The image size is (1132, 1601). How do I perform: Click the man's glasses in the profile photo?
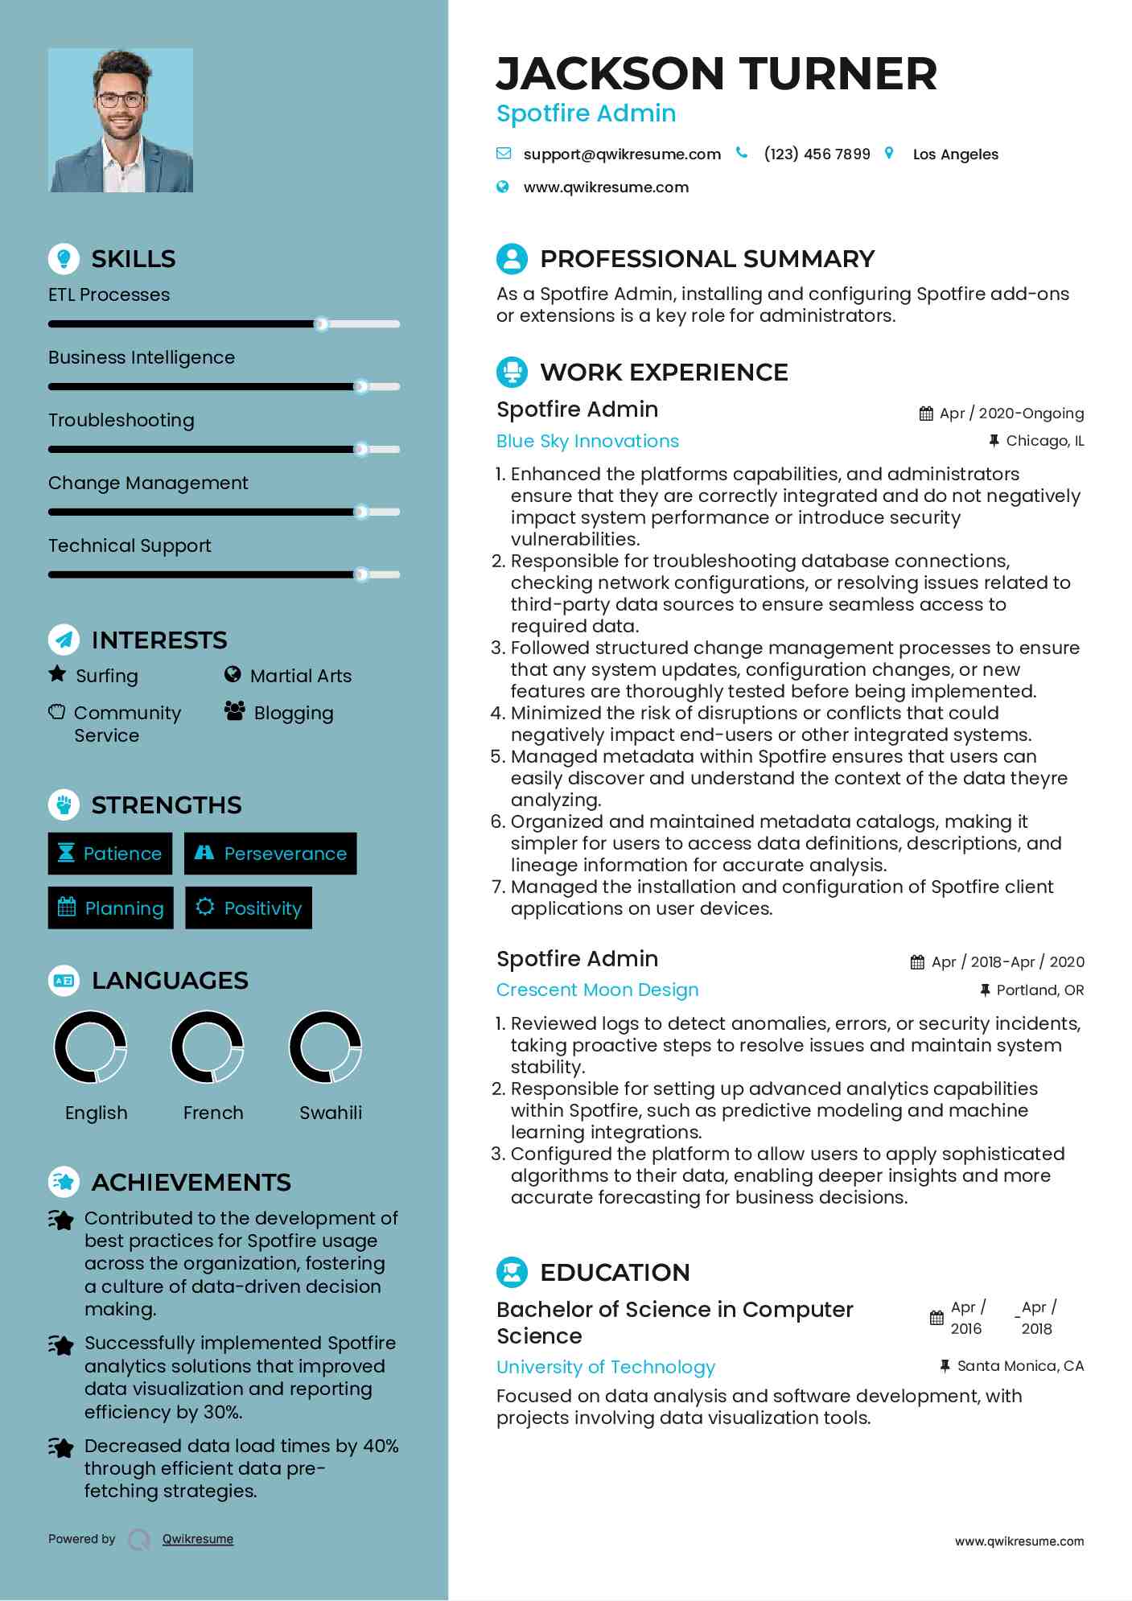click(121, 101)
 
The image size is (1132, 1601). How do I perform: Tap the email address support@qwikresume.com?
click(621, 154)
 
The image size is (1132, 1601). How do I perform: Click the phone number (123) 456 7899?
click(817, 154)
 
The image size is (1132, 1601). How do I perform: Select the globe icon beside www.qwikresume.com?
click(503, 187)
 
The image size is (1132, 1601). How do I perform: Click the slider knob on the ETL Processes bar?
click(321, 324)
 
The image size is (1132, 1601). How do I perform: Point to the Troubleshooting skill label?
click(121, 420)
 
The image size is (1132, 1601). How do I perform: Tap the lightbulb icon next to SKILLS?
click(64, 258)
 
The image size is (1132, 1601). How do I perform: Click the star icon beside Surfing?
click(57, 674)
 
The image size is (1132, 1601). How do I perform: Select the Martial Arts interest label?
click(300, 676)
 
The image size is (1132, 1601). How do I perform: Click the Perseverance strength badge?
click(270, 854)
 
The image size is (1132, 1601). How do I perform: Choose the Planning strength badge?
click(110, 908)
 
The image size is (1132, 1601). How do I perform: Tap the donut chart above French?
click(208, 1047)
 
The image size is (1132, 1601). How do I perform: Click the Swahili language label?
click(330, 1113)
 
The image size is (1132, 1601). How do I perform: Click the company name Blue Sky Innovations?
click(587, 441)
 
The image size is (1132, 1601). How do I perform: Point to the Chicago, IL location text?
click(1044, 441)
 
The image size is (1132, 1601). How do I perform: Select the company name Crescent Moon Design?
click(597, 990)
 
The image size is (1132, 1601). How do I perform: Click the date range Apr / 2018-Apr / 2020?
click(1006, 962)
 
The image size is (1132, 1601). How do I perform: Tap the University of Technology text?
click(605, 1367)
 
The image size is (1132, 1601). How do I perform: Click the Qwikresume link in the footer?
click(197, 1539)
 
